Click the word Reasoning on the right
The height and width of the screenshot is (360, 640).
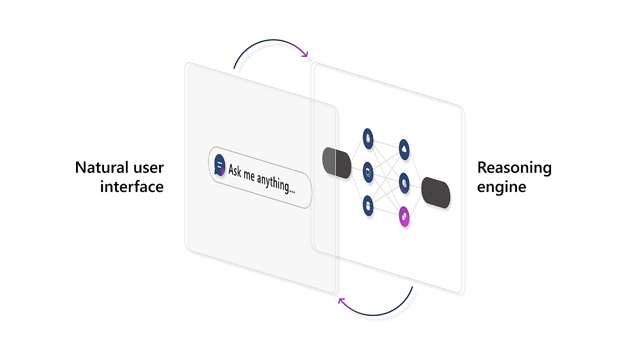pos(514,167)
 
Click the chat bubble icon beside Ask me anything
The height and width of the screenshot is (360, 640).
pos(219,164)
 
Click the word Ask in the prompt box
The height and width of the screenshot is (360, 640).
pos(235,170)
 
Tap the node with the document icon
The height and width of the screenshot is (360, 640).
pos(368,138)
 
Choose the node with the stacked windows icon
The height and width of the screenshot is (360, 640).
pos(368,172)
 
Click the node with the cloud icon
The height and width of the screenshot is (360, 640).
pos(404,149)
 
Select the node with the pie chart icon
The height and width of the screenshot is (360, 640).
pos(404,183)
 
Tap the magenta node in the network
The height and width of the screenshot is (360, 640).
pos(404,217)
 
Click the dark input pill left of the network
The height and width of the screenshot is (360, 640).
pos(337,162)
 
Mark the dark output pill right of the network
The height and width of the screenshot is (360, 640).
pos(436,192)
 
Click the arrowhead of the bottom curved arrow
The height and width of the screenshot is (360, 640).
pos(341,300)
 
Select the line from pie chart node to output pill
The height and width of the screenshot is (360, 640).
pos(416,186)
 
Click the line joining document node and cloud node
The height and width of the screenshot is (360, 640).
pos(386,144)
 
